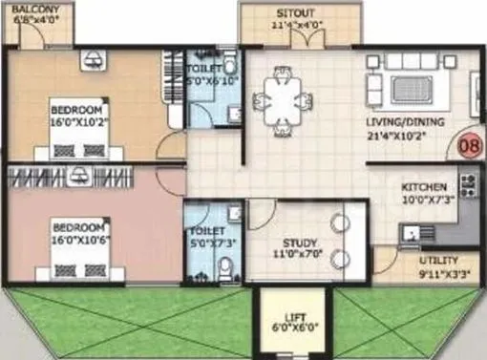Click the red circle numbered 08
(x=469, y=146)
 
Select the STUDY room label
(x=298, y=243)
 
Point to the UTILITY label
(x=438, y=260)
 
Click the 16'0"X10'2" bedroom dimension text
(x=82, y=121)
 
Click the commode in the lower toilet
(x=224, y=270)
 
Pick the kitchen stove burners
(x=468, y=180)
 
